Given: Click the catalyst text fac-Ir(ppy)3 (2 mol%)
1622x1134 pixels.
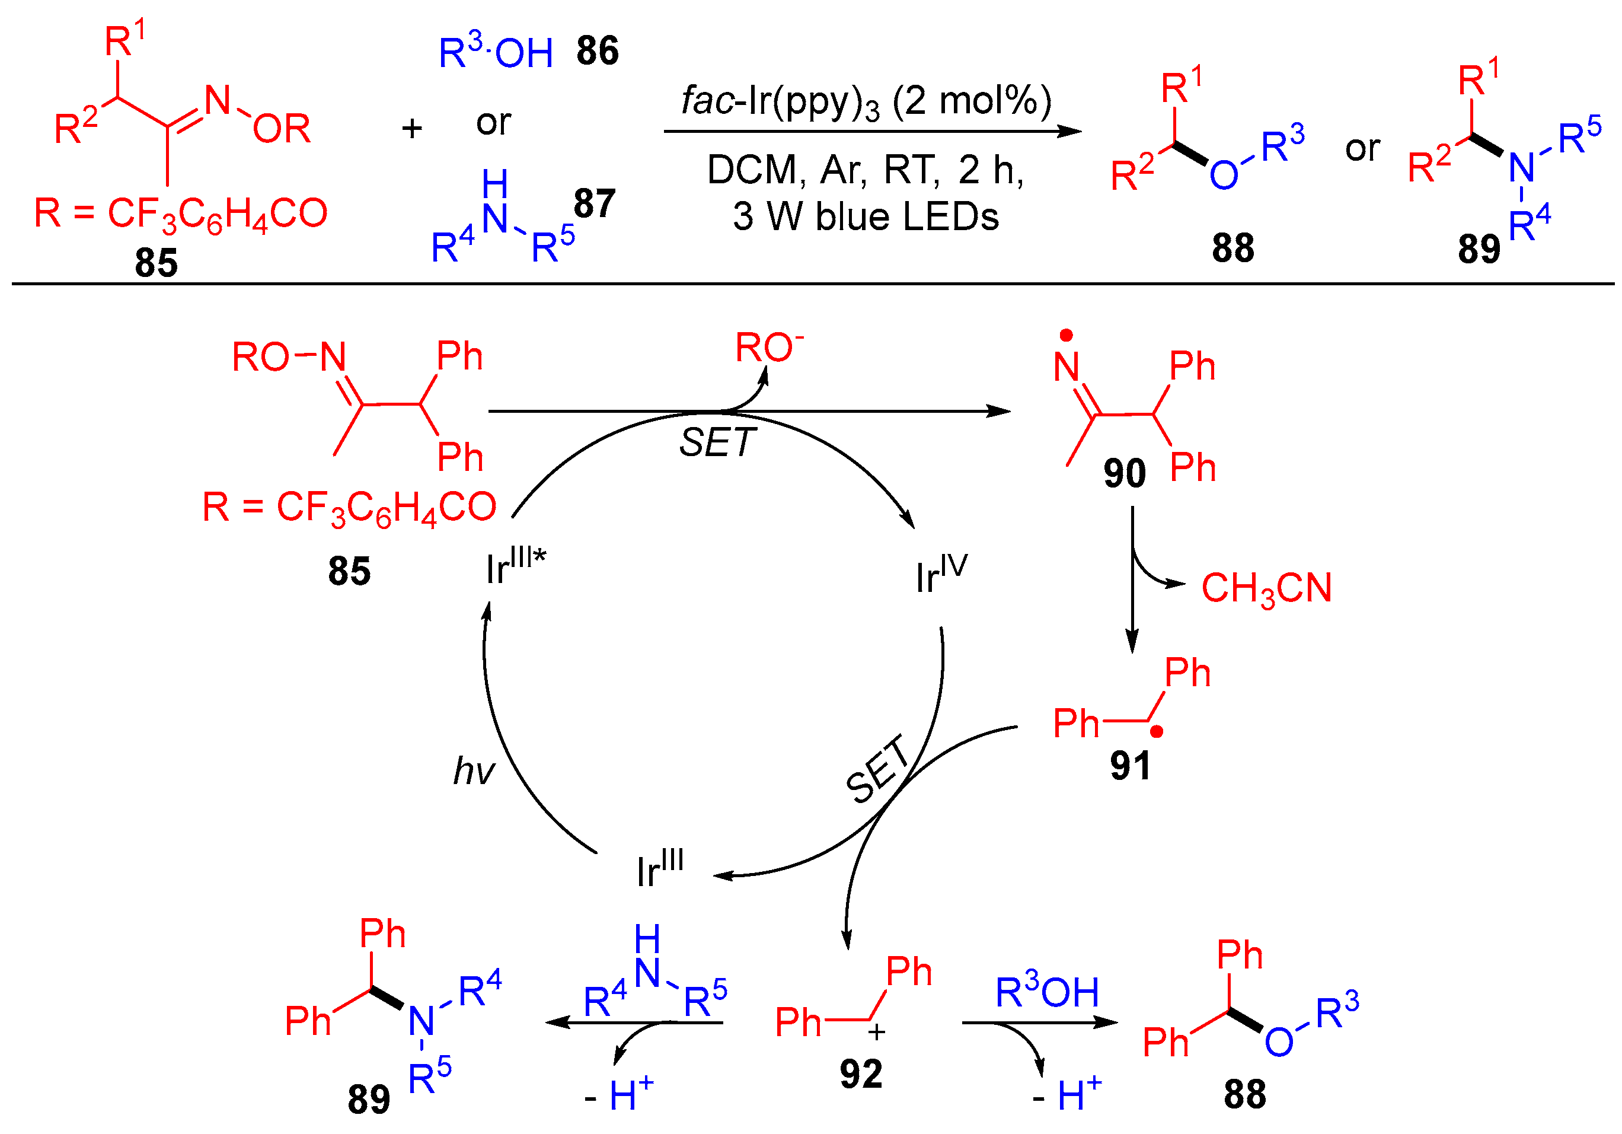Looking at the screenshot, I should point(866,101).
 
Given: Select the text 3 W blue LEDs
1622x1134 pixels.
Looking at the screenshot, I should point(866,217).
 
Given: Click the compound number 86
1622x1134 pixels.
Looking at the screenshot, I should point(597,51).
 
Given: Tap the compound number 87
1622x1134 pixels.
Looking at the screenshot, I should point(594,203).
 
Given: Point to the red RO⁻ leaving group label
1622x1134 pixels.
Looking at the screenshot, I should point(769,348).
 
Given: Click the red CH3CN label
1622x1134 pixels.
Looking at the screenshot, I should point(1266,588).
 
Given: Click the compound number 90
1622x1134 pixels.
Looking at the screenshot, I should point(1124,473).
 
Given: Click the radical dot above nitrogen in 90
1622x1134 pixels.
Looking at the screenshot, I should point(1066,335).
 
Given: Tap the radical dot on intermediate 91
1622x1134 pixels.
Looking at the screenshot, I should point(1157,732).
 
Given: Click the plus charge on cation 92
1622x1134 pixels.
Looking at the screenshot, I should point(877,1032).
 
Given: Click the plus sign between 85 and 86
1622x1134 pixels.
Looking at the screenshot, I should point(412,129).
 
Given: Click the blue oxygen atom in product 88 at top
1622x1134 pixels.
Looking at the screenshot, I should point(1224,175).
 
